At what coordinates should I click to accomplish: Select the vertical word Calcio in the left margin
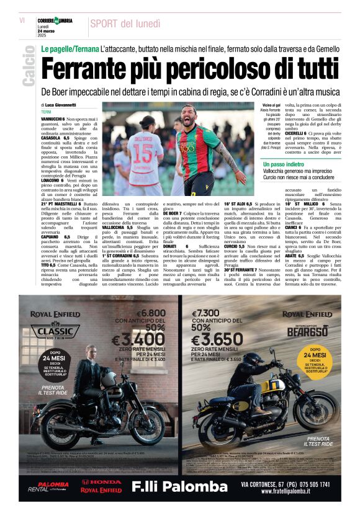tap(28, 68)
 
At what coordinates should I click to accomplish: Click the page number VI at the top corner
tap(22, 20)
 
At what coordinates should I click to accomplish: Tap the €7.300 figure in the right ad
tap(207, 314)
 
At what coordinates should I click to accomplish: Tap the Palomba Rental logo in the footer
tap(52, 486)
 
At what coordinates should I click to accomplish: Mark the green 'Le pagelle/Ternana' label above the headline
tap(70, 48)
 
